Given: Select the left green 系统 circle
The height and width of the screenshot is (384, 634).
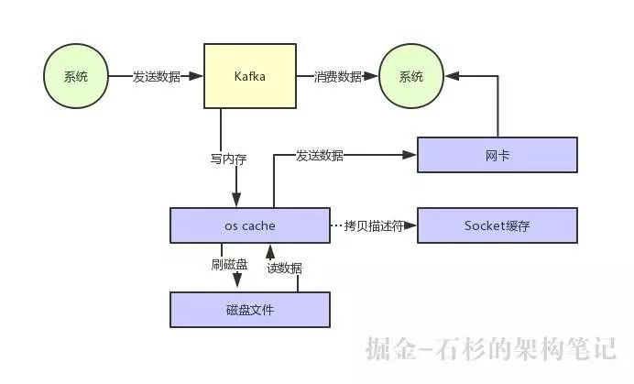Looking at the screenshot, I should click(x=76, y=76).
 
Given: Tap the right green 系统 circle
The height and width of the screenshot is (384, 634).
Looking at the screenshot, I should click(x=411, y=76).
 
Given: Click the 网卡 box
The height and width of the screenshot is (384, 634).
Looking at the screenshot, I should click(x=497, y=155).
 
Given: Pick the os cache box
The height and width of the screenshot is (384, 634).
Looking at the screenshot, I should click(x=249, y=225).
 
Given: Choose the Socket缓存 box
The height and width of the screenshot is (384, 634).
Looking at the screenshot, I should click(x=497, y=225).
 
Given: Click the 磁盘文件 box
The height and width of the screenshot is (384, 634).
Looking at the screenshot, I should click(x=249, y=310).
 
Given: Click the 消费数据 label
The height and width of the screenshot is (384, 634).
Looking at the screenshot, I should click(x=338, y=76).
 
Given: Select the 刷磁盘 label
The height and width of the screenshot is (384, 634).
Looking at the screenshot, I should click(x=229, y=266).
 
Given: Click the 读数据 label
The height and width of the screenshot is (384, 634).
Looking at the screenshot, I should click(x=284, y=268).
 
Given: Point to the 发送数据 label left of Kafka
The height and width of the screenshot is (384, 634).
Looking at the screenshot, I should click(x=156, y=76).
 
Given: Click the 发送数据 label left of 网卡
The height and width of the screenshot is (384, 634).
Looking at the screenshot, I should click(x=319, y=155).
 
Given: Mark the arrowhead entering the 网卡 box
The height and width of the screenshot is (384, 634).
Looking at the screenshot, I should click(x=411, y=155).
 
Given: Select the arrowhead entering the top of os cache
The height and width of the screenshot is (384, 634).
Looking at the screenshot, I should click(x=237, y=202).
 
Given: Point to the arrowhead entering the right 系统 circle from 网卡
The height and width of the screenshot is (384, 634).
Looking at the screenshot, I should click(x=450, y=76).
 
